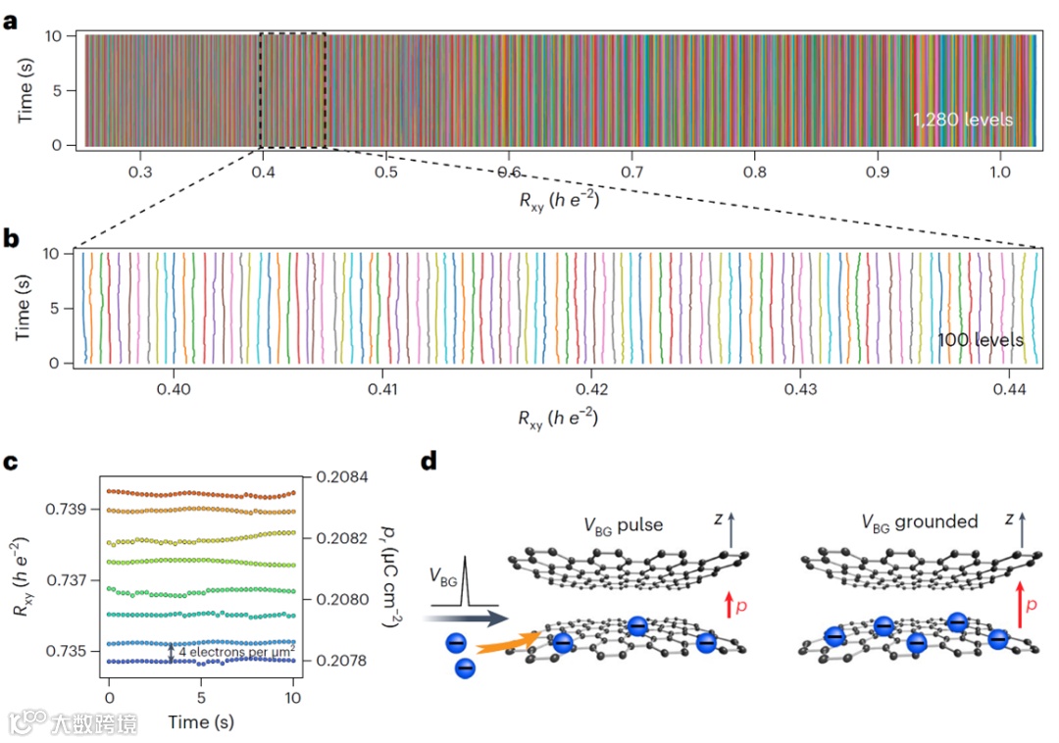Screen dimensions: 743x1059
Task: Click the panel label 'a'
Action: click(12, 20)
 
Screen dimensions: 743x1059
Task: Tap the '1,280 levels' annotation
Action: click(962, 120)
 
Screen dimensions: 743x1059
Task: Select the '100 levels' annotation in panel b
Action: click(981, 340)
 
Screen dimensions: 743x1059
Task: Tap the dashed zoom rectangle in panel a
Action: click(292, 90)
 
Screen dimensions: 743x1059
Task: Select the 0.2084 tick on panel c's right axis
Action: click(335, 477)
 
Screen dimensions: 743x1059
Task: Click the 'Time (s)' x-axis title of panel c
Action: click(200, 721)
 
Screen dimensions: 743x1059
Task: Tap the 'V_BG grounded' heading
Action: click(920, 521)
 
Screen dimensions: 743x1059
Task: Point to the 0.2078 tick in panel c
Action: click(335, 661)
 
